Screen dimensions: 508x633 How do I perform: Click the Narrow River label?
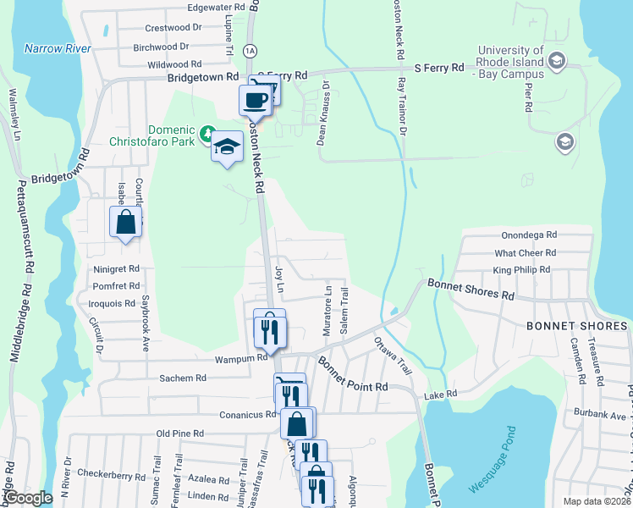pyautogui.click(x=58, y=48)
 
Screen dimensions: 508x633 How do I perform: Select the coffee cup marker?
pyautogui.click(x=256, y=101)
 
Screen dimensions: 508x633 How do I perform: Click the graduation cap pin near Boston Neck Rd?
pyautogui.click(x=226, y=146)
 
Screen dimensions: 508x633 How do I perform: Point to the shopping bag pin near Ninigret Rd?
pyautogui.click(x=125, y=222)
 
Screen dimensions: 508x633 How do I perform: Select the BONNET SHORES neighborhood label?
pyautogui.click(x=577, y=326)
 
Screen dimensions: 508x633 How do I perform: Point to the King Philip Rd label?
pyautogui.click(x=521, y=270)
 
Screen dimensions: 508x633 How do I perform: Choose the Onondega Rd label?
pyautogui.click(x=528, y=235)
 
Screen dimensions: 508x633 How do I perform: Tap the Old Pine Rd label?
pyautogui.click(x=180, y=433)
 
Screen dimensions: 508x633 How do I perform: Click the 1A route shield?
pyautogui.click(x=249, y=51)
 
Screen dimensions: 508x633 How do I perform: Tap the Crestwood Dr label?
pyautogui.click(x=173, y=27)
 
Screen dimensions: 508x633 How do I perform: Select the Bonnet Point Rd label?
pyautogui.click(x=353, y=373)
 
